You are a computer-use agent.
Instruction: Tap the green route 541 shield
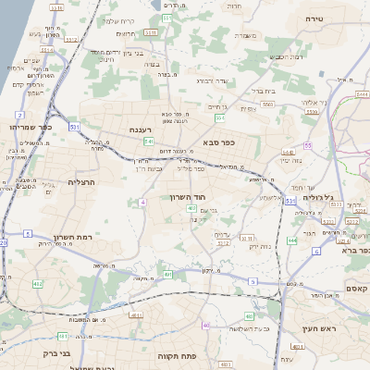(x=149, y=142)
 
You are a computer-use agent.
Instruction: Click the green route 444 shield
(x=291, y=240)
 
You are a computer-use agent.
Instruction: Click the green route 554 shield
(x=219, y=118)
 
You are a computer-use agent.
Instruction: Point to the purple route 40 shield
(x=205, y=327)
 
